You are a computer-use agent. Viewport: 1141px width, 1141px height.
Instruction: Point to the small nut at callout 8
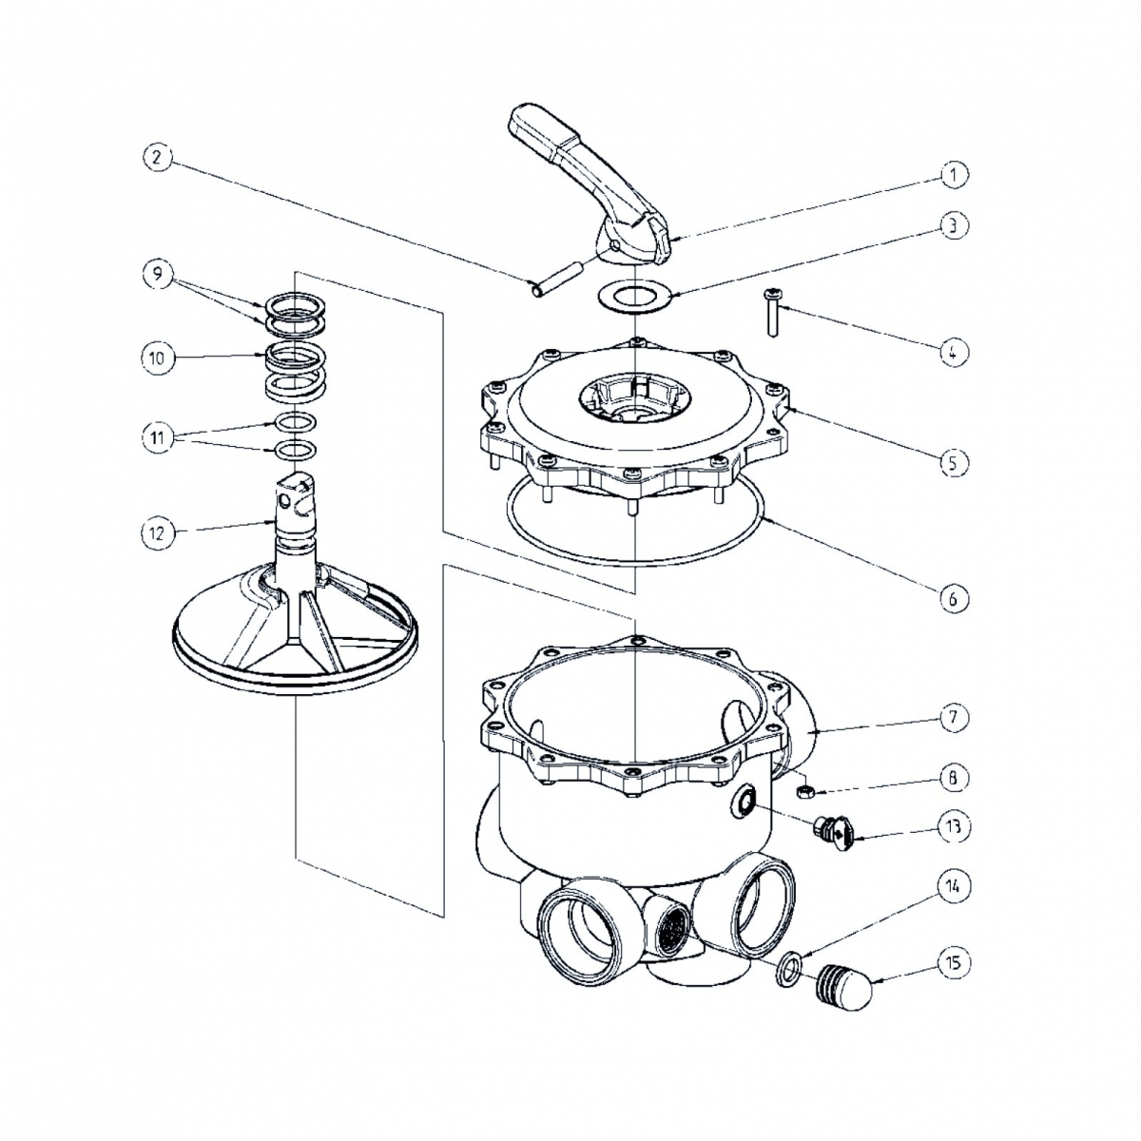click(803, 790)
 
